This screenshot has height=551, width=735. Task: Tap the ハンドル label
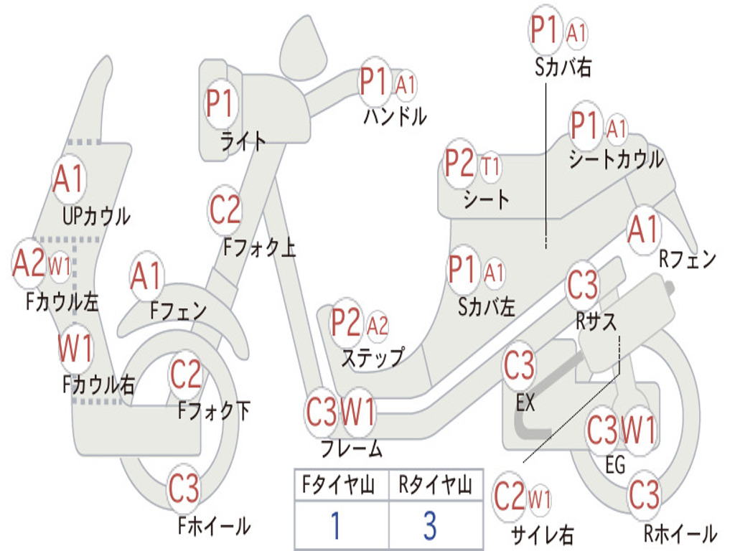pyautogui.click(x=395, y=116)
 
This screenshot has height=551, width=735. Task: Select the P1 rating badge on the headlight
pyautogui.click(x=220, y=103)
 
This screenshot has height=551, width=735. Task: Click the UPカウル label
pyautogui.click(x=96, y=215)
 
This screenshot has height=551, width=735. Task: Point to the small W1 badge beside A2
pyautogui.click(x=60, y=267)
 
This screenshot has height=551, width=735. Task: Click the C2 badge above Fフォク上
pyautogui.click(x=225, y=210)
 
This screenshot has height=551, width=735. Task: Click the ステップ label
pyautogui.click(x=373, y=357)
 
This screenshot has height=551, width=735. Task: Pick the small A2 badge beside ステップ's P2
pyautogui.click(x=378, y=326)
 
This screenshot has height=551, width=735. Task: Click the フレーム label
pyautogui.click(x=352, y=449)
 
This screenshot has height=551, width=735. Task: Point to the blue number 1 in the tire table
pyautogui.click(x=334, y=525)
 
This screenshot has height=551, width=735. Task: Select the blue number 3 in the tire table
pyautogui.click(x=429, y=525)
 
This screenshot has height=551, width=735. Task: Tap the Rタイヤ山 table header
pyautogui.click(x=435, y=486)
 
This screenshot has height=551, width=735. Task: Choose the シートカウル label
pyautogui.click(x=616, y=159)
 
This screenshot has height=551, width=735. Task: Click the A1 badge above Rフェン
pyautogui.click(x=642, y=230)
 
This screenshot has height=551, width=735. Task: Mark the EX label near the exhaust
pyautogui.click(x=525, y=402)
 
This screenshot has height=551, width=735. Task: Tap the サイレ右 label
pyautogui.click(x=542, y=534)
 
